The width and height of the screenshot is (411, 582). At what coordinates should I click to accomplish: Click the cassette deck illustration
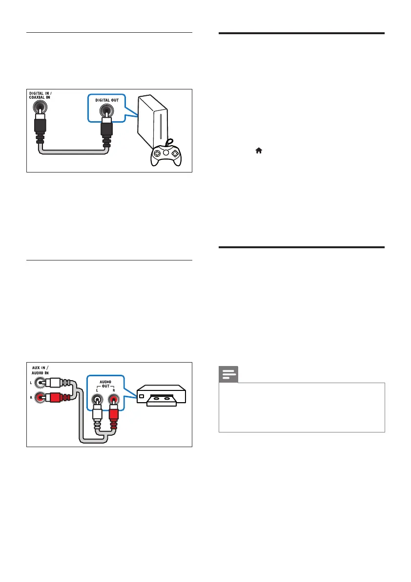coord(162,397)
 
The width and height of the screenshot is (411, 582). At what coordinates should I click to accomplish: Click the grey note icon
coord(228,375)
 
